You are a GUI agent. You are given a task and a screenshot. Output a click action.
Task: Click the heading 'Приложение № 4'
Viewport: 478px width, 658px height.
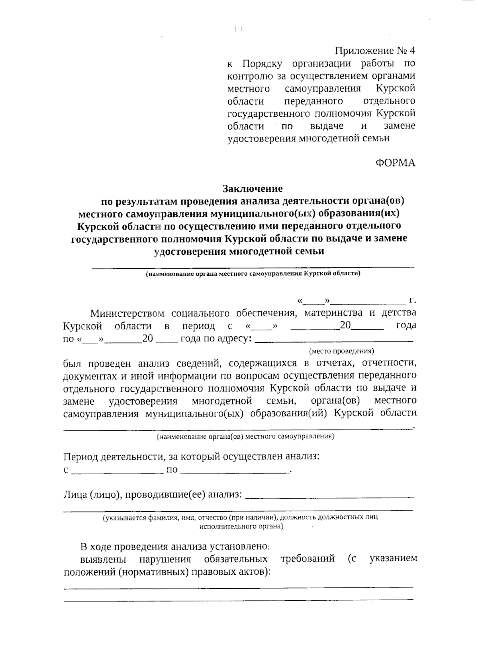pos(375,51)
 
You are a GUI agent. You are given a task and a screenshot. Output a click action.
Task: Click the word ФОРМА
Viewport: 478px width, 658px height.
pos(395,163)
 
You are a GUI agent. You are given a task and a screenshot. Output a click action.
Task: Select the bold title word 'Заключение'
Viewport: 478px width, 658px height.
pos(253,188)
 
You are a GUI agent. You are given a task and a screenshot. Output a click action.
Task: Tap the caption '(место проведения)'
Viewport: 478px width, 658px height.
pos(341,351)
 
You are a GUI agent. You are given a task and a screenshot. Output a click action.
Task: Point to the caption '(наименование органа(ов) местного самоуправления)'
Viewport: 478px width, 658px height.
pos(245,436)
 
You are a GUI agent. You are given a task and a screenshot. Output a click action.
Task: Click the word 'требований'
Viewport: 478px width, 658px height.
pos(308,559)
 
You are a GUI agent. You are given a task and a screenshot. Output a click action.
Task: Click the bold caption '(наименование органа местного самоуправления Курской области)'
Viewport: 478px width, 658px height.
pos(253,274)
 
